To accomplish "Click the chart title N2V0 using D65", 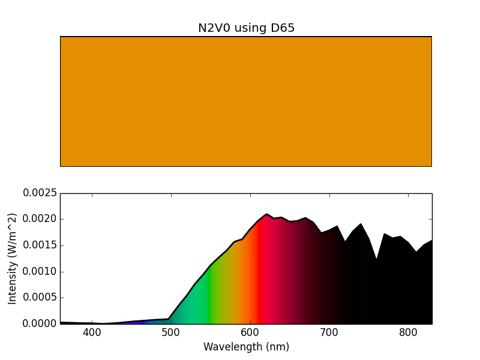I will click(x=246, y=28).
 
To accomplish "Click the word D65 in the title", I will click(x=281, y=28).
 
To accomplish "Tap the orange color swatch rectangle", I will click(x=246, y=101).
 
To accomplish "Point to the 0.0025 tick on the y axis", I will click(x=40, y=193).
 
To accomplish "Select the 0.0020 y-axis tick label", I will click(x=40, y=219).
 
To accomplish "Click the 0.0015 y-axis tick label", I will click(x=40, y=245).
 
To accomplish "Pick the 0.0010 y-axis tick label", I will click(x=40, y=271).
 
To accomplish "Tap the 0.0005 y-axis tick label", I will click(x=40, y=298).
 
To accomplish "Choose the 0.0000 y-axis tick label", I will click(x=40, y=323).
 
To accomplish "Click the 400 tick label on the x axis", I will click(x=92, y=333).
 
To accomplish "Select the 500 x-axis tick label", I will click(x=171, y=333).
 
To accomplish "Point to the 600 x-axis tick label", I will click(x=250, y=333).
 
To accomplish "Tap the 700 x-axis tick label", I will click(x=329, y=333).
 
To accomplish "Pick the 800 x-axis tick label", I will click(x=408, y=333).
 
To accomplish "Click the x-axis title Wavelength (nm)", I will click(x=246, y=347).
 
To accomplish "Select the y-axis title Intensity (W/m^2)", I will click(x=13, y=259).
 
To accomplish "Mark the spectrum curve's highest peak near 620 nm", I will click(x=266, y=214).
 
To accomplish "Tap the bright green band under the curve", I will click(x=209, y=300).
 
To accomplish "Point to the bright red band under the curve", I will click(x=258, y=282).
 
